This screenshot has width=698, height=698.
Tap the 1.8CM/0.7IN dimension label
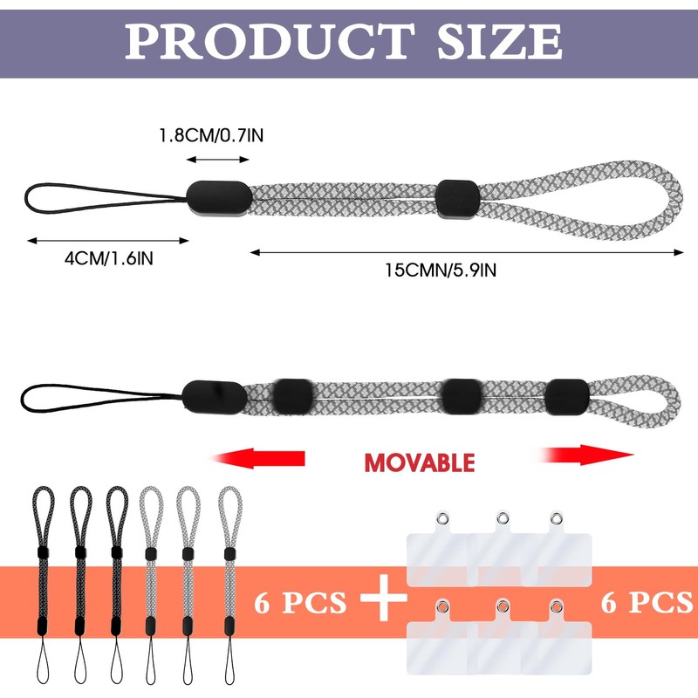(x=210, y=136)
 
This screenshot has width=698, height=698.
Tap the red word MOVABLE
(x=419, y=462)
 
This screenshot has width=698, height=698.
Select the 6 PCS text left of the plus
(x=300, y=602)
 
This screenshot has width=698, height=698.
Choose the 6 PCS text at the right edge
(x=647, y=602)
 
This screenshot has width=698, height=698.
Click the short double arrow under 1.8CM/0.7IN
(x=218, y=160)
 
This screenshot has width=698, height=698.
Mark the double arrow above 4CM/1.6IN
(x=107, y=240)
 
